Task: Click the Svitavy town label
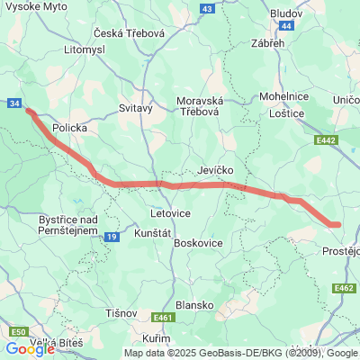tap(136, 107)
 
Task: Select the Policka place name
tap(70, 128)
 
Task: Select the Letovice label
tap(169, 214)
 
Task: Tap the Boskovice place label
tap(197, 243)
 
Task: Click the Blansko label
tap(195, 304)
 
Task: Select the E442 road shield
tap(326, 140)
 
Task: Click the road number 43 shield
tap(207, 8)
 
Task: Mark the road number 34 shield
tap(14, 103)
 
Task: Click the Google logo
tap(30, 349)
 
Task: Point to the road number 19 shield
tap(111, 237)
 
